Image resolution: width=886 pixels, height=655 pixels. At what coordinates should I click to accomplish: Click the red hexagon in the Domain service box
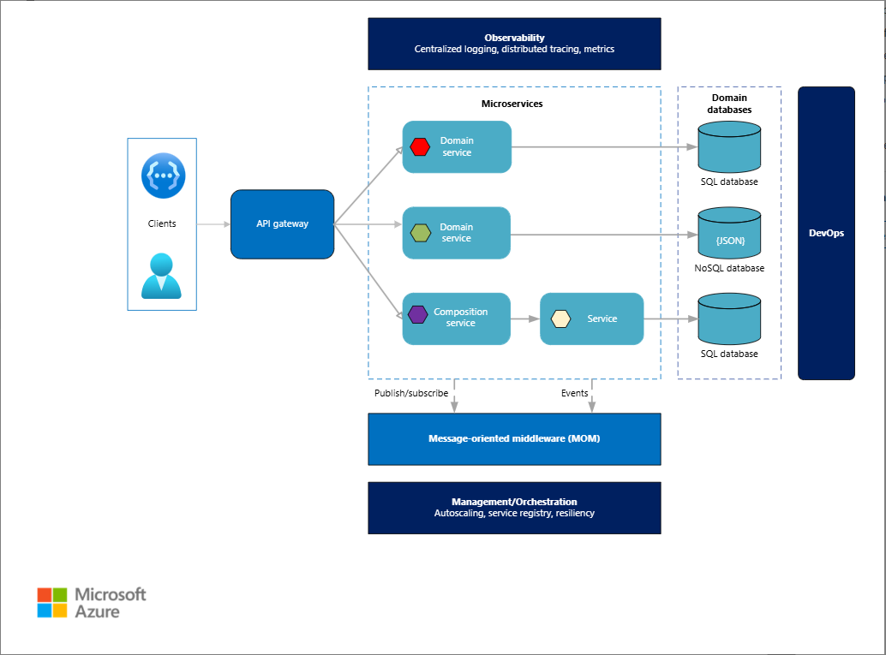coord(420,146)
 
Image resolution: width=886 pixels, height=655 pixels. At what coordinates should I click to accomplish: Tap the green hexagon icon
coord(420,233)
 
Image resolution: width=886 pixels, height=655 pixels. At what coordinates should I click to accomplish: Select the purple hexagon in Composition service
coord(417,314)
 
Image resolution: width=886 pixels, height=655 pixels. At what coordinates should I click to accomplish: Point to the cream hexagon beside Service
coord(560,319)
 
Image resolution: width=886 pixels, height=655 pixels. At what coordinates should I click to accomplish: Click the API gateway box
coord(282,224)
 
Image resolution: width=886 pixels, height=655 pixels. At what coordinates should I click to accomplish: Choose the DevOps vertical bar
coord(826,233)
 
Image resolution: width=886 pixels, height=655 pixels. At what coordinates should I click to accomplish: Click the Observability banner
coord(514,44)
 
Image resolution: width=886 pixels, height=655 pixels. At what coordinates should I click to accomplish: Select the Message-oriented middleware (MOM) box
coord(514,439)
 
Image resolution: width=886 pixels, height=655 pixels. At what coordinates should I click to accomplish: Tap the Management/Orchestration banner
coord(514,508)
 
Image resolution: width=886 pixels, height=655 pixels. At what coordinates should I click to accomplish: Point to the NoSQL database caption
coord(729,269)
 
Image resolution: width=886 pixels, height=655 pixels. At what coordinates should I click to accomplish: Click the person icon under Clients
coord(162,276)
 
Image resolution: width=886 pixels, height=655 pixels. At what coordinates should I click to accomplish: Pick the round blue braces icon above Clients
coord(163,175)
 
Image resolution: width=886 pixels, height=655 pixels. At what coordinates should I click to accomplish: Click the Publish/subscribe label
coord(411,394)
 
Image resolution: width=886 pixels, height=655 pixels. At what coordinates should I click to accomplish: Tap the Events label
coord(575,394)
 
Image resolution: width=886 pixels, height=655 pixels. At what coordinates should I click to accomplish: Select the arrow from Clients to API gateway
coord(213,224)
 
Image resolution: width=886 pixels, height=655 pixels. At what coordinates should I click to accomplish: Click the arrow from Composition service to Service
coord(525,319)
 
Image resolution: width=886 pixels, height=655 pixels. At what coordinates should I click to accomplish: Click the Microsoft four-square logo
coord(52,602)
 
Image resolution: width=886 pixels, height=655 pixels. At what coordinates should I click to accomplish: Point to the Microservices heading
coord(512,104)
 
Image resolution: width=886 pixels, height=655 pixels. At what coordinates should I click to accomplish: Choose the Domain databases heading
coord(729,104)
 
